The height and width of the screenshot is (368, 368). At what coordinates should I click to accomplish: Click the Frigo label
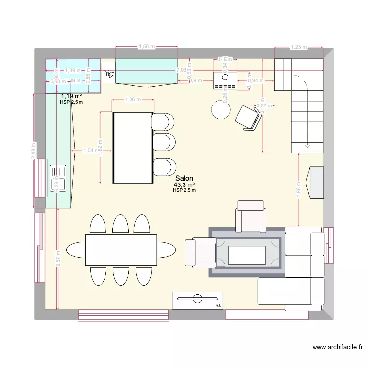(x=109, y=74)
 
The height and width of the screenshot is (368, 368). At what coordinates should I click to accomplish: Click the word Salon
(x=184, y=179)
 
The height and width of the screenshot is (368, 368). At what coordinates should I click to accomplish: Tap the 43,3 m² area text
(x=184, y=185)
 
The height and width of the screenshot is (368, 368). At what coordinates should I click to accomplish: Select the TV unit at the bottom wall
(x=198, y=300)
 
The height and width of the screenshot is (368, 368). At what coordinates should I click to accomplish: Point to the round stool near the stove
(x=220, y=109)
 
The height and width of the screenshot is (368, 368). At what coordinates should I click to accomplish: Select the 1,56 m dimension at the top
(x=146, y=47)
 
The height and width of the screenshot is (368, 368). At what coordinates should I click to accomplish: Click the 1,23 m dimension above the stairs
(x=298, y=47)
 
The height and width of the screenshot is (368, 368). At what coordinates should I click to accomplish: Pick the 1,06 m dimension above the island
(x=131, y=100)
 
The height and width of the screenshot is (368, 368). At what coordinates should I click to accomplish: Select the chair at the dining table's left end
(x=76, y=249)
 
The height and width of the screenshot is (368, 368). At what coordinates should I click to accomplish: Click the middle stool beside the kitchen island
(x=163, y=143)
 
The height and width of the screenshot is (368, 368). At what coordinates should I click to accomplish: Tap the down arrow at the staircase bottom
(x=307, y=146)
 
